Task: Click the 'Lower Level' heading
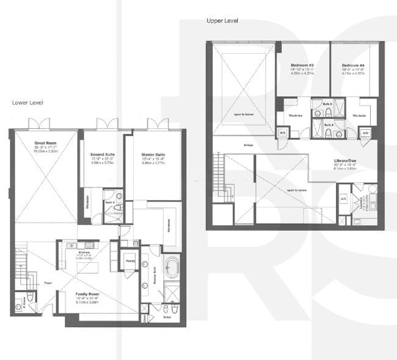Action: [x=27, y=103]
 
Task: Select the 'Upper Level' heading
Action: [x=222, y=21]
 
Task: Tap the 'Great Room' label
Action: [x=45, y=142]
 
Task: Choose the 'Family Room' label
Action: [x=88, y=293]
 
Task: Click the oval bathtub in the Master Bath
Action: [x=172, y=267]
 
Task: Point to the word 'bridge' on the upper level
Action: [x=249, y=145]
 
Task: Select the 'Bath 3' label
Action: [x=327, y=104]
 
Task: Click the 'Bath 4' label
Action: [x=329, y=125]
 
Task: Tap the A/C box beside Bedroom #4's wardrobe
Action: [x=365, y=132]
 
